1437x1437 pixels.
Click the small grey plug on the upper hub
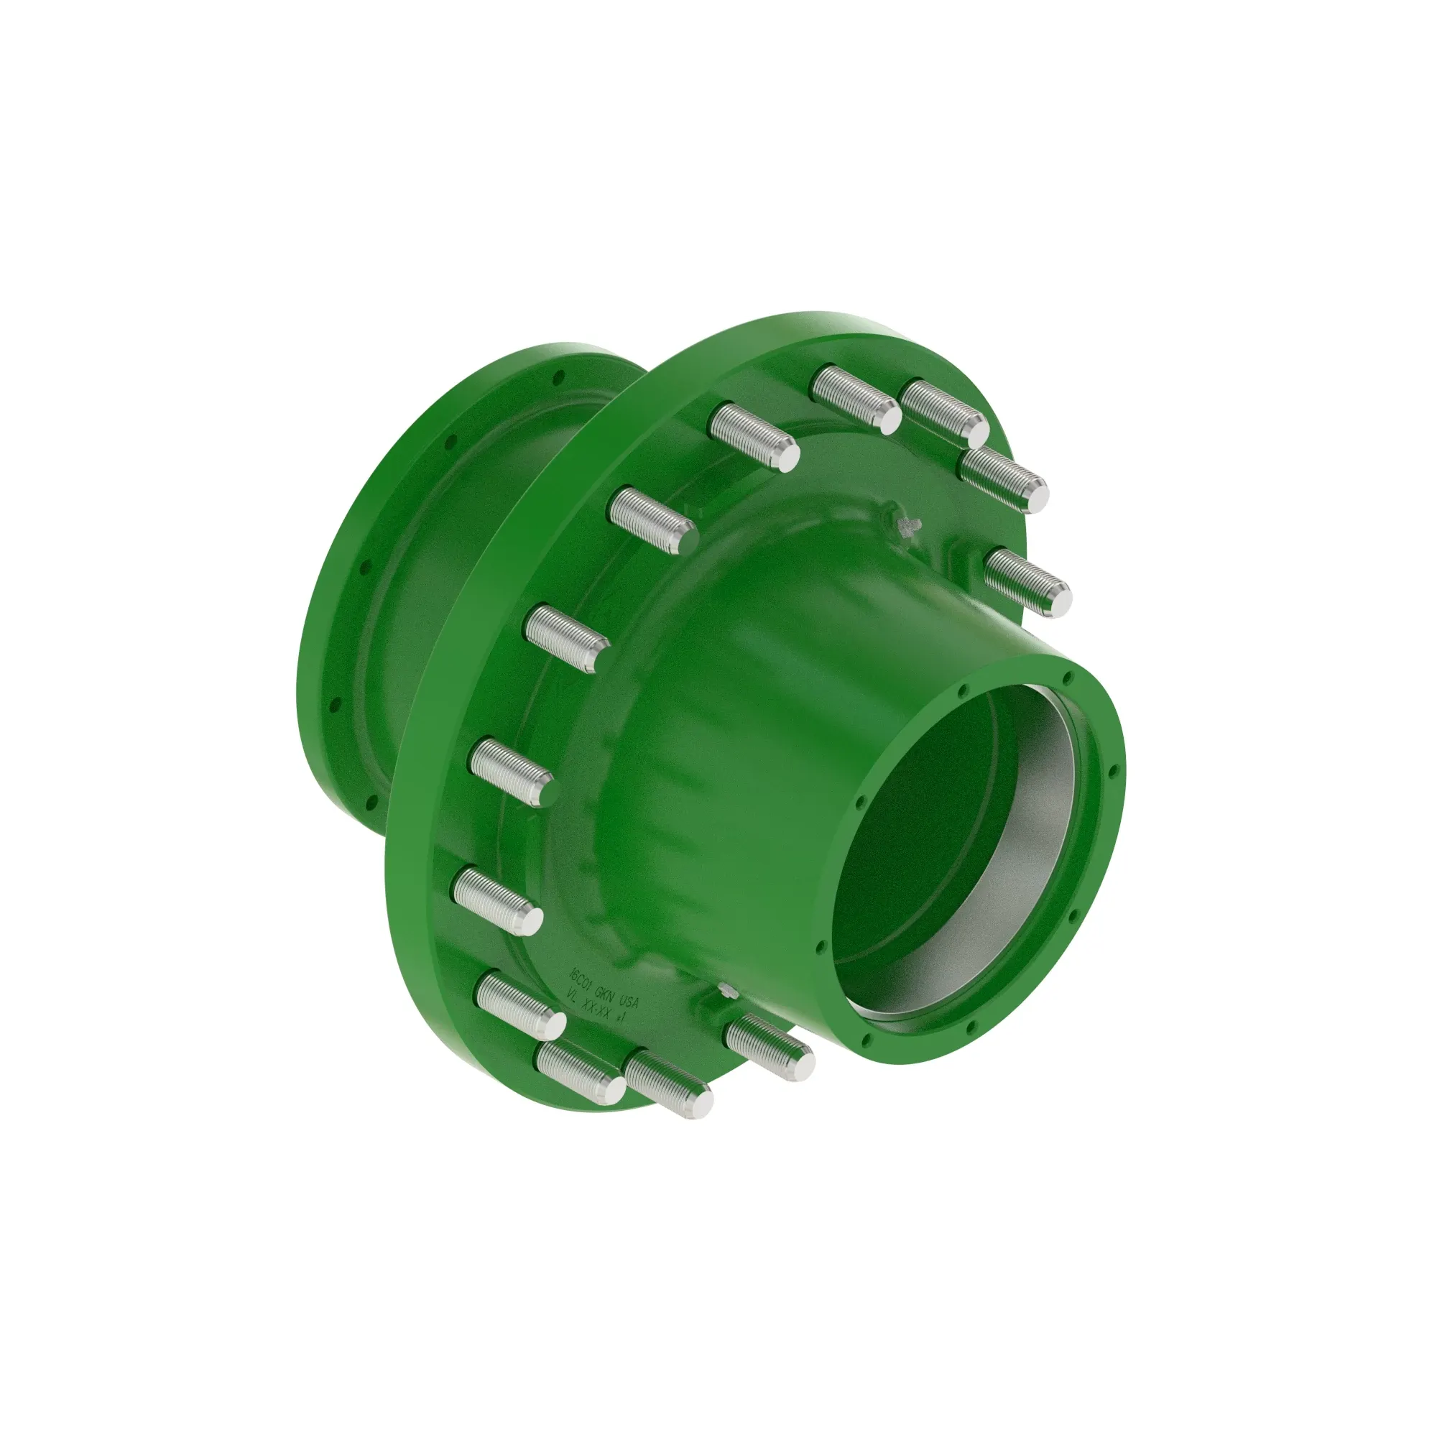[x=908, y=526]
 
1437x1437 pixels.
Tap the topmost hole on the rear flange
[x=563, y=376]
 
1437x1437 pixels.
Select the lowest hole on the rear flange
[x=369, y=803]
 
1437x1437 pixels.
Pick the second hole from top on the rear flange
[x=449, y=444]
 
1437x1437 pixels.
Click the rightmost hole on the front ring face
[x=1114, y=771]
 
